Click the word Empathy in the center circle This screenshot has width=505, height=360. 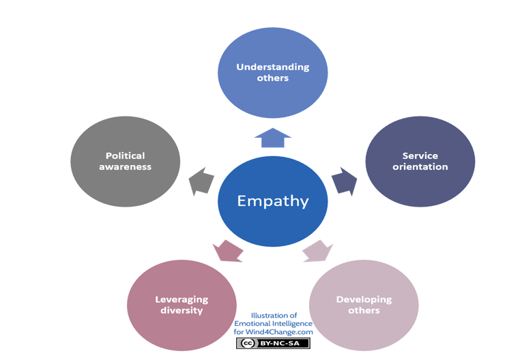pyautogui.click(x=273, y=201)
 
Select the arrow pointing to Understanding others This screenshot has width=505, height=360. pyautogui.click(x=273, y=138)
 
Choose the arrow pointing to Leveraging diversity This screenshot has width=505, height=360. pyautogui.click(x=228, y=251)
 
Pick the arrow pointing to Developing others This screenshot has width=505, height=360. pyautogui.click(x=317, y=251)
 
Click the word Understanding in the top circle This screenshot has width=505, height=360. pyautogui.click(x=273, y=67)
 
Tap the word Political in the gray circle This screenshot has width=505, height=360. pyautogui.click(x=125, y=155)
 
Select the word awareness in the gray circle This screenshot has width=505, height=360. pyautogui.click(x=125, y=166)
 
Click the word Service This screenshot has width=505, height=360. pyautogui.click(x=420, y=155)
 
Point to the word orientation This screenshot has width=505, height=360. pyautogui.click(x=420, y=166)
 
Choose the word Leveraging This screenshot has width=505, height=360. pyautogui.click(x=182, y=299)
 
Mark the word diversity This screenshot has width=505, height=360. pyautogui.click(x=182, y=310)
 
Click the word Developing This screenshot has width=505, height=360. pyautogui.click(x=364, y=299)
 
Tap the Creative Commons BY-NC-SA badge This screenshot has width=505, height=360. pyautogui.click(x=273, y=343)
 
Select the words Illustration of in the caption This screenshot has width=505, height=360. pyautogui.click(x=274, y=316)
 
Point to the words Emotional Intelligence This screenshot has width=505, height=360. pyautogui.click(x=273, y=324)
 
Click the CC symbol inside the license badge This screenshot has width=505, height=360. pyautogui.click(x=247, y=343)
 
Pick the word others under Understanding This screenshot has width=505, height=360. pyautogui.click(x=273, y=78)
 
